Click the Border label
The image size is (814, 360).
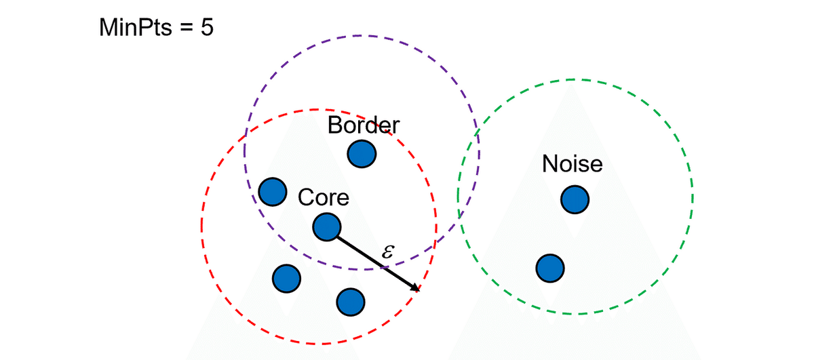tap(364, 125)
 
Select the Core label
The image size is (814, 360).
tap(324, 197)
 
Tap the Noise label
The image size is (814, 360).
tap(573, 164)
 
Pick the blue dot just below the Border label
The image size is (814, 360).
tap(362, 154)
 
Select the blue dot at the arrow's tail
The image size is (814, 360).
tap(327, 226)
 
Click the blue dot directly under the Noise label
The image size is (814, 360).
tap(575, 199)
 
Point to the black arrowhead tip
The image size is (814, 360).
tap(419, 291)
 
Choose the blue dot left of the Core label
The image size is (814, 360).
tap(273, 191)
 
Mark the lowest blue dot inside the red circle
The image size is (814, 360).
tap(349, 301)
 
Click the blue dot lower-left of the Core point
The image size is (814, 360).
tap(286, 277)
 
